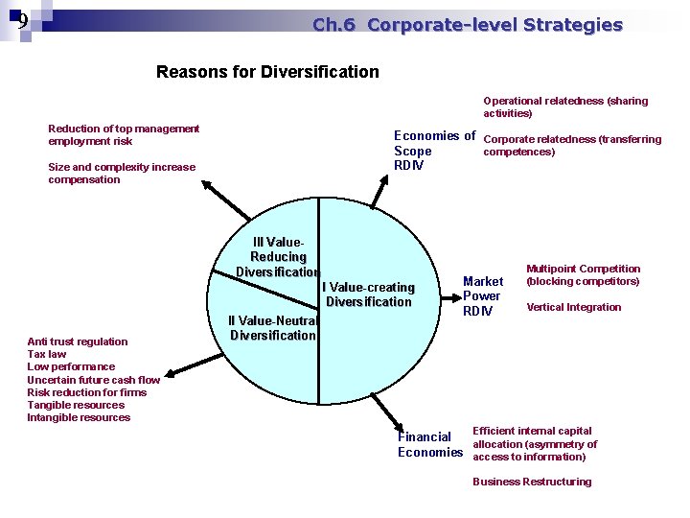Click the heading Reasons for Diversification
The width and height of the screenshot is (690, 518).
[x=267, y=72]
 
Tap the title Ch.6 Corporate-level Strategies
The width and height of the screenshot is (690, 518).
[x=467, y=26]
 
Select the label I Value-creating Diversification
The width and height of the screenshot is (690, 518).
[x=369, y=294]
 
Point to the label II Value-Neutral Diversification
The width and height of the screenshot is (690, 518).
[x=272, y=328]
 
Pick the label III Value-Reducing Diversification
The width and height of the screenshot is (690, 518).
[x=278, y=257]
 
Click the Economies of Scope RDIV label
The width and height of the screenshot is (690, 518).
[x=434, y=151]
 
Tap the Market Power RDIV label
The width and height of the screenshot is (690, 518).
[x=482, y=295]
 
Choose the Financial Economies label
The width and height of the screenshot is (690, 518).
[x=429, y=444]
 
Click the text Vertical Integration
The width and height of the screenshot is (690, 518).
[x=573, y=308]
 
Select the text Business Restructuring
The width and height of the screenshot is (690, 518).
[x=532, y=482]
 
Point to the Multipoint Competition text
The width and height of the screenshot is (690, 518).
[x=583, y=275]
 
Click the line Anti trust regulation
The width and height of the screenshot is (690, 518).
[x=77, y=341]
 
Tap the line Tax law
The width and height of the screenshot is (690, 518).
[x=47, y=354]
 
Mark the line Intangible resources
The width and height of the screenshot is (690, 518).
[x=79, y=417]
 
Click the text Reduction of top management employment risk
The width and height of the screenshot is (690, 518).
[x=124, y=135]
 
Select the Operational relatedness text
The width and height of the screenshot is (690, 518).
[x=564, y=106]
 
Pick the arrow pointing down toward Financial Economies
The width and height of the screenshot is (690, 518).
[x=394, y=419]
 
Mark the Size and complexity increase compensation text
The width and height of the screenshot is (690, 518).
[x=121, y=174]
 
